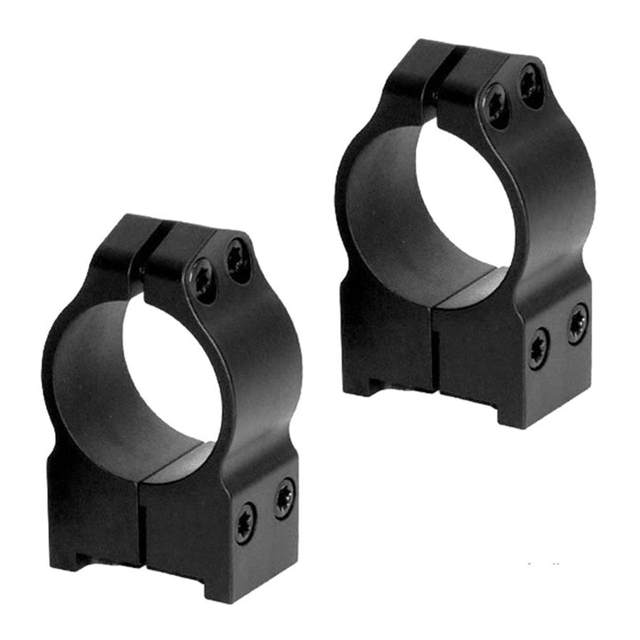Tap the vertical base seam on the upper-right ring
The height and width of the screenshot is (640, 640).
[x=433, y=351]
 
